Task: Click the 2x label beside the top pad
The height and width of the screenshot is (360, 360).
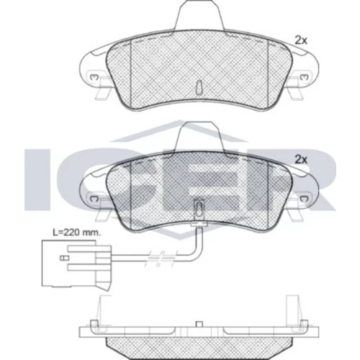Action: [301, 40]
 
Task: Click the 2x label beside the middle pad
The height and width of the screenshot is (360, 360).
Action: [301, 159]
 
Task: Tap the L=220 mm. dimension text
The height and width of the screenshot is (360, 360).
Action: [76, 233]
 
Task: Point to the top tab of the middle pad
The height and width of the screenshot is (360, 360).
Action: [199, 136]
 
